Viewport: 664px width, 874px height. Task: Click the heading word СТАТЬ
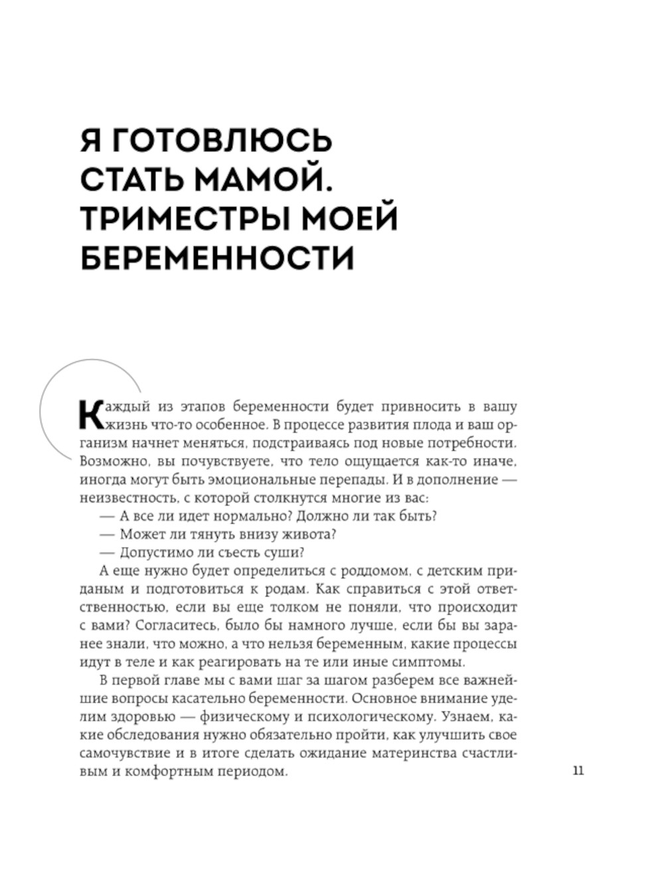pyautogui.click(x=133, y=180)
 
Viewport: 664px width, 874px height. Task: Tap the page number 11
pyautogui.click(x=578, y=771)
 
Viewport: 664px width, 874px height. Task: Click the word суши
pyautogui.click(x=288, y=552)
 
